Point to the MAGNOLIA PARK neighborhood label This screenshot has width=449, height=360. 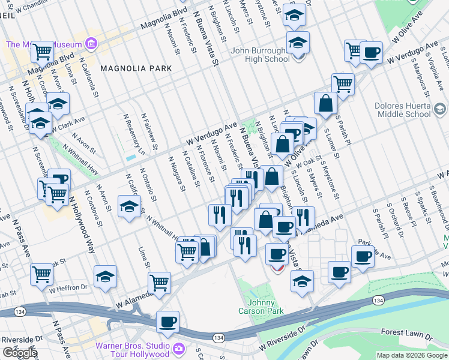[x=136, y=68]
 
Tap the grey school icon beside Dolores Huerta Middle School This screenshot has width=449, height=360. [x=440, y=109]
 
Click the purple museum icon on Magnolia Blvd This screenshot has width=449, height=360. [x=91, y=43]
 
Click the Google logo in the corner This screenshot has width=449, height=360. [x=20, y=353]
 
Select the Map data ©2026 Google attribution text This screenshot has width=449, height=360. [x=411, y=355]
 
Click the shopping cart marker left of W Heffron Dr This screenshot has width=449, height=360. [x=42, y=274]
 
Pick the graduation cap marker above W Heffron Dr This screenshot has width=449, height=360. [x=105, y=276]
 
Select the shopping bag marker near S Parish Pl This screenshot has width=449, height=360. [x=325, y=103]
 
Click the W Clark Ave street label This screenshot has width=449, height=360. [x=67, y=123]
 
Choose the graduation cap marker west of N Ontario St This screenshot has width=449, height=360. [x=129, y=207]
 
